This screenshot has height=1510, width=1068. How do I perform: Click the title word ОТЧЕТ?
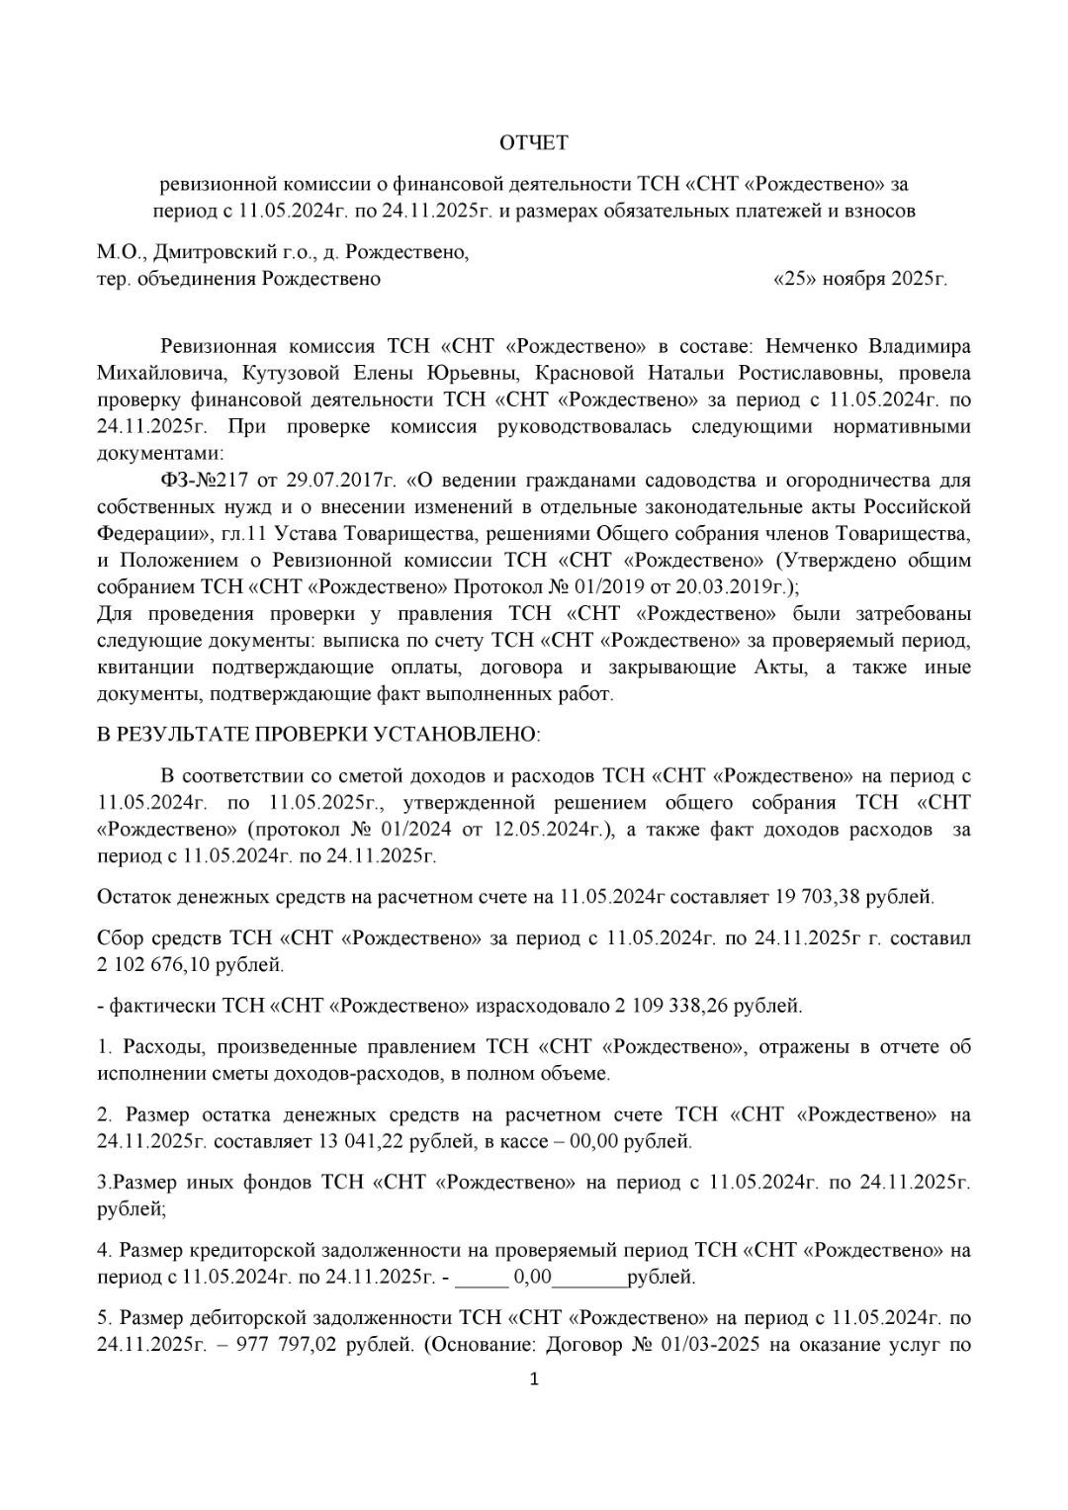click(x=534, y=143)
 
